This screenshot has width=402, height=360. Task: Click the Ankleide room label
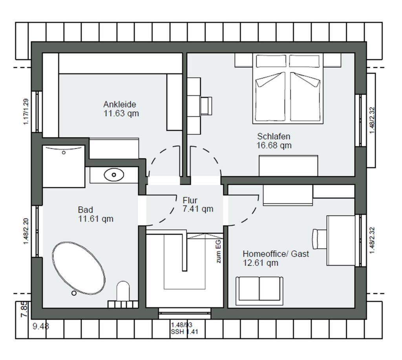tap(120, 104)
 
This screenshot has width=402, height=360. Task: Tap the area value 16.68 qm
tap(274, 145)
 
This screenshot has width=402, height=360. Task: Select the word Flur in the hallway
tap(190, 200)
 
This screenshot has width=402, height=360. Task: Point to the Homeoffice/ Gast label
tap(276, 254)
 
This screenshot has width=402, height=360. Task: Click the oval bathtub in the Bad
tap(79, 268)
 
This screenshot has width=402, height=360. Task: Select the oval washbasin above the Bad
tap(114, 175)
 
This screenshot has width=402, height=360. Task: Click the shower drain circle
tap(64, 153)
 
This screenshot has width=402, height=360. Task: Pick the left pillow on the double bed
tap(271, 62)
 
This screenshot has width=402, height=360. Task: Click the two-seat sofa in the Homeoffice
tap(259, 291)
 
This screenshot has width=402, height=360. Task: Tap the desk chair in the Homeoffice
tap(320, 239)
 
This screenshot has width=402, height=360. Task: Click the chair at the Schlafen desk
tap(206, 106)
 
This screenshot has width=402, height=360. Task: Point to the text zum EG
tap(218, 251)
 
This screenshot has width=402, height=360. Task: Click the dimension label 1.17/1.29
tap(26, 112)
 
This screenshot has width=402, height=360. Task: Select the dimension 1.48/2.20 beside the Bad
tap(26, 231)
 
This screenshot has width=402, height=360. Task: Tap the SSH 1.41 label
tap(185, 332)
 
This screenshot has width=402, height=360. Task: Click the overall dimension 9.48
tap(41, 326)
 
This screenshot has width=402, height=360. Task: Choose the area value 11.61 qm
tap(96, 219)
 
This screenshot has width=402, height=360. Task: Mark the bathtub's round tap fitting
tap(74, 293)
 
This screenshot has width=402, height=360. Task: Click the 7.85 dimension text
tap(24, 309)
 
